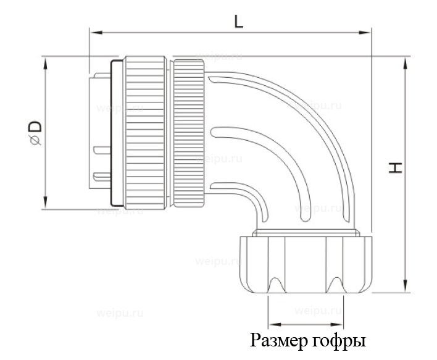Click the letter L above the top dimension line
coord(238,21)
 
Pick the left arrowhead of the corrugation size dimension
coord(272,324)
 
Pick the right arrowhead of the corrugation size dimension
coord(340,324)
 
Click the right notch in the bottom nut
coord(335,285)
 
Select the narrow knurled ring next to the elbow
coord(188,133)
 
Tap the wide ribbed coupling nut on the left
coord(146,133)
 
